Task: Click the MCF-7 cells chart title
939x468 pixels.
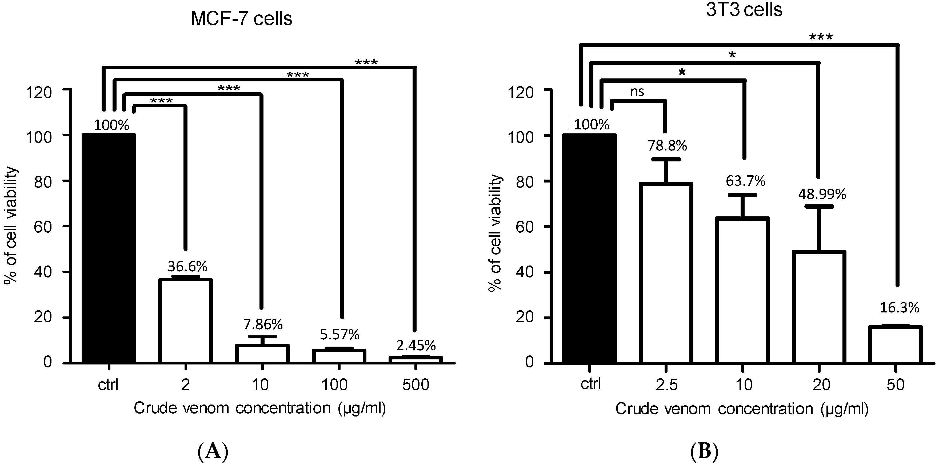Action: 241,19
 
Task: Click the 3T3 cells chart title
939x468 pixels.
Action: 744,10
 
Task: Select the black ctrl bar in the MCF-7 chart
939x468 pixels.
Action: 109,248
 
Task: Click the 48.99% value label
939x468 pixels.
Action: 822,195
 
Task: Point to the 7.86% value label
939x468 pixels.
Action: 263,324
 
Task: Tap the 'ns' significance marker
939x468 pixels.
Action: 637,92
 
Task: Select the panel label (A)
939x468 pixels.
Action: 213,451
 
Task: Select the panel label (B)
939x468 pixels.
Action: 704,451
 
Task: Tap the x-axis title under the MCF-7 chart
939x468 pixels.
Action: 259,408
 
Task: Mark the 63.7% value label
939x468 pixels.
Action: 745,181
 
